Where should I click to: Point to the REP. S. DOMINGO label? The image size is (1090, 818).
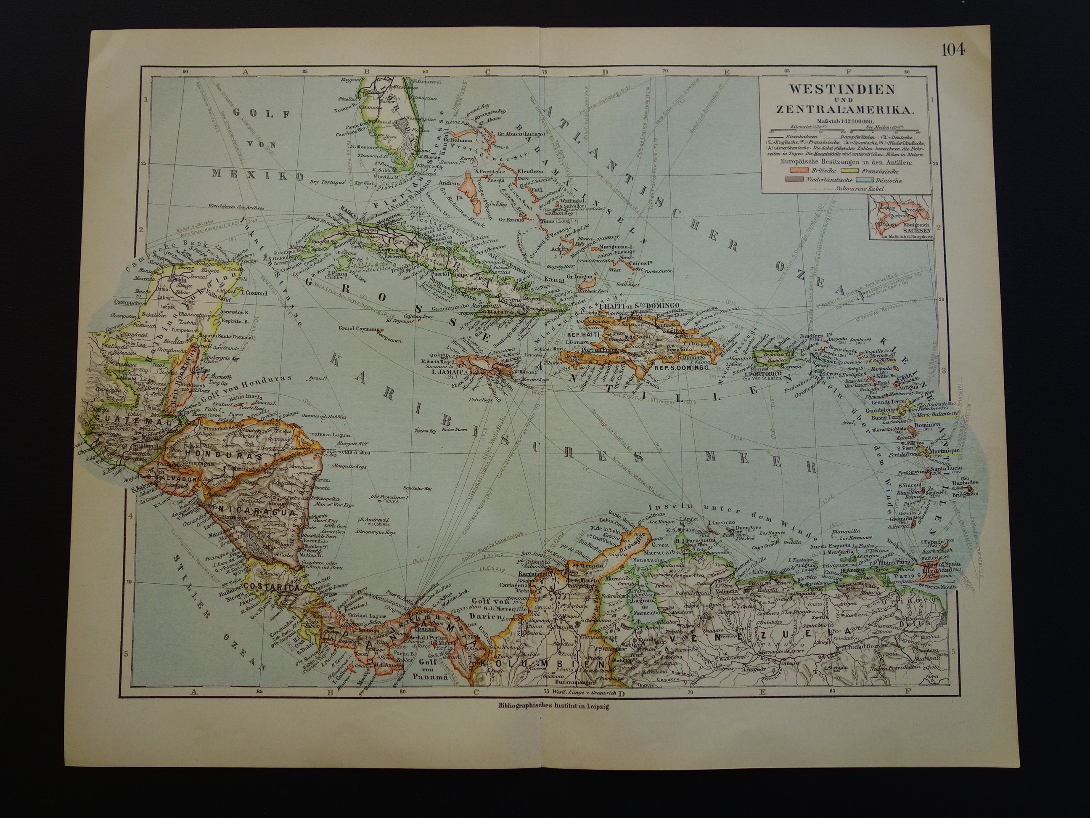[x=680, y=367]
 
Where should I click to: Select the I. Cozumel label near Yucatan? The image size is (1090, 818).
[x=252, y=292]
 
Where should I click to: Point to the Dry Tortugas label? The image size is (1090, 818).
[x=327, y=196]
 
